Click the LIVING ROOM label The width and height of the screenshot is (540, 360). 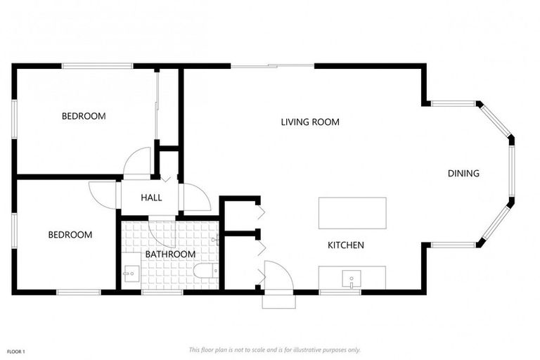click(x=310, y=122)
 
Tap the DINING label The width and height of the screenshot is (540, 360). click(x=463, y=173)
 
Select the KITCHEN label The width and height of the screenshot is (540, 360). click(x=346, y=245)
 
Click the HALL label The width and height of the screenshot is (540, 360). click(x=151, y=198)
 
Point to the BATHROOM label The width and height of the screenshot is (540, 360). click(x=170, y=254)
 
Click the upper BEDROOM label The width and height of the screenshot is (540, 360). click(x=84, y=116)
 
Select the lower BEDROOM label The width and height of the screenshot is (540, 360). click(x=70, y=235)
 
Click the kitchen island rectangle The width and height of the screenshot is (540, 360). click(x=352, y=212)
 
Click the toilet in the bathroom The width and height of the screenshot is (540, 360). click(x=206, y=271)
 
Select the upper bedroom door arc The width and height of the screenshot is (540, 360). click(x=139, y=162)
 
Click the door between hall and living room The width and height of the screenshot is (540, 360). click(x=196, y=198)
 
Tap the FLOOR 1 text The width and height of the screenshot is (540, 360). click(x=16, y=351)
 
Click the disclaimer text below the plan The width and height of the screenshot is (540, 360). click(x=274, y=349)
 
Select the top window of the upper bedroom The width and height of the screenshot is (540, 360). click(x=97, y=66)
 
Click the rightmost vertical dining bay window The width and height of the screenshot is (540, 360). click(x=511, y=173)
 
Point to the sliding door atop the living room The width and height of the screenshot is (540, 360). click(x=272, y=66)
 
